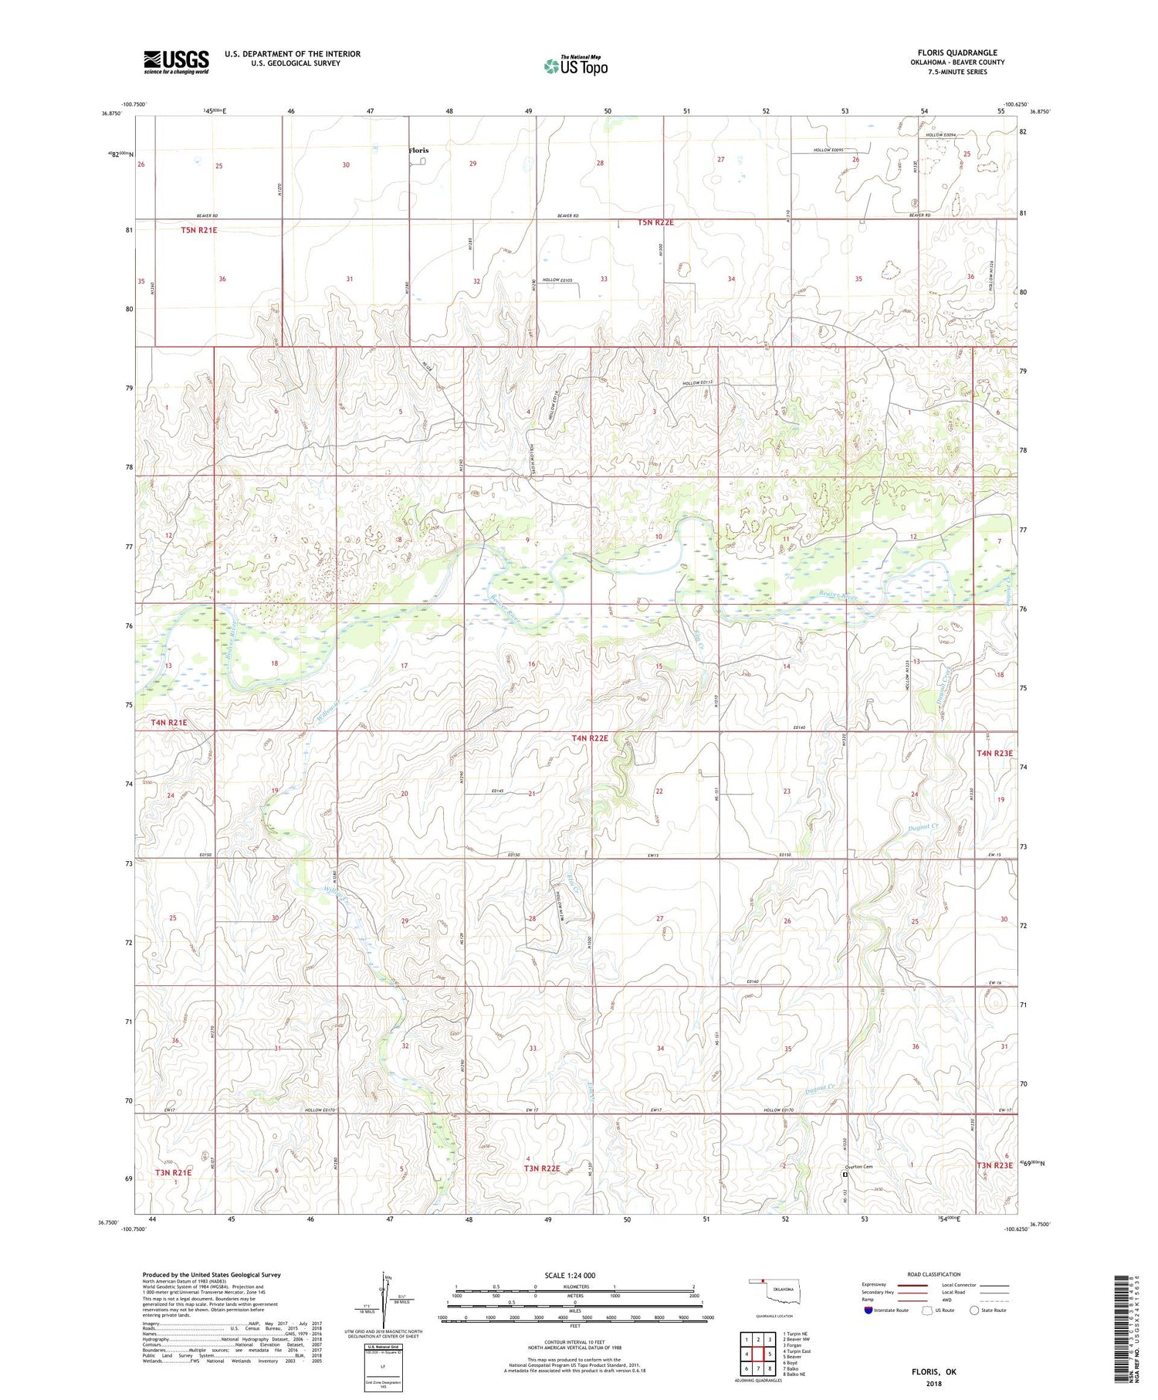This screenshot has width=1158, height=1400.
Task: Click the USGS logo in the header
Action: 176,62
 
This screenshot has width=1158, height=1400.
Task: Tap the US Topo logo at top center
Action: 575,66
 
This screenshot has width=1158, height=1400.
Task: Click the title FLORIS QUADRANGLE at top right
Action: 957,53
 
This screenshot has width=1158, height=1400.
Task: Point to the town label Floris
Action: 418,151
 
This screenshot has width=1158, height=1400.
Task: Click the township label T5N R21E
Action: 200,230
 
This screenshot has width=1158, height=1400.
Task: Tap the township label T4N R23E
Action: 994,753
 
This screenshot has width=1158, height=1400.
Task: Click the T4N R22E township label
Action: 589,738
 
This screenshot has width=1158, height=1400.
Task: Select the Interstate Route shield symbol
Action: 868,1310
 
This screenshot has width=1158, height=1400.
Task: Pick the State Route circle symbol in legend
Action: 974,1310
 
